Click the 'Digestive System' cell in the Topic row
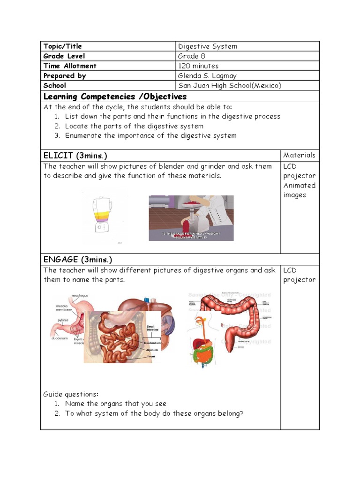click(208, 46)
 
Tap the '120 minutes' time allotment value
click(198, 66)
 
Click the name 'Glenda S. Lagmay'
click(207, 75)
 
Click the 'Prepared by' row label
click(65, 75)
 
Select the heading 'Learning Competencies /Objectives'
click(115, 97)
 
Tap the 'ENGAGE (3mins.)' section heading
click(78, 260)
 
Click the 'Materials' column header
click(300, 155)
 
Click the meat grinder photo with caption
click(191, 218)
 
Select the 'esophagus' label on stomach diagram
click(80, 295)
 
